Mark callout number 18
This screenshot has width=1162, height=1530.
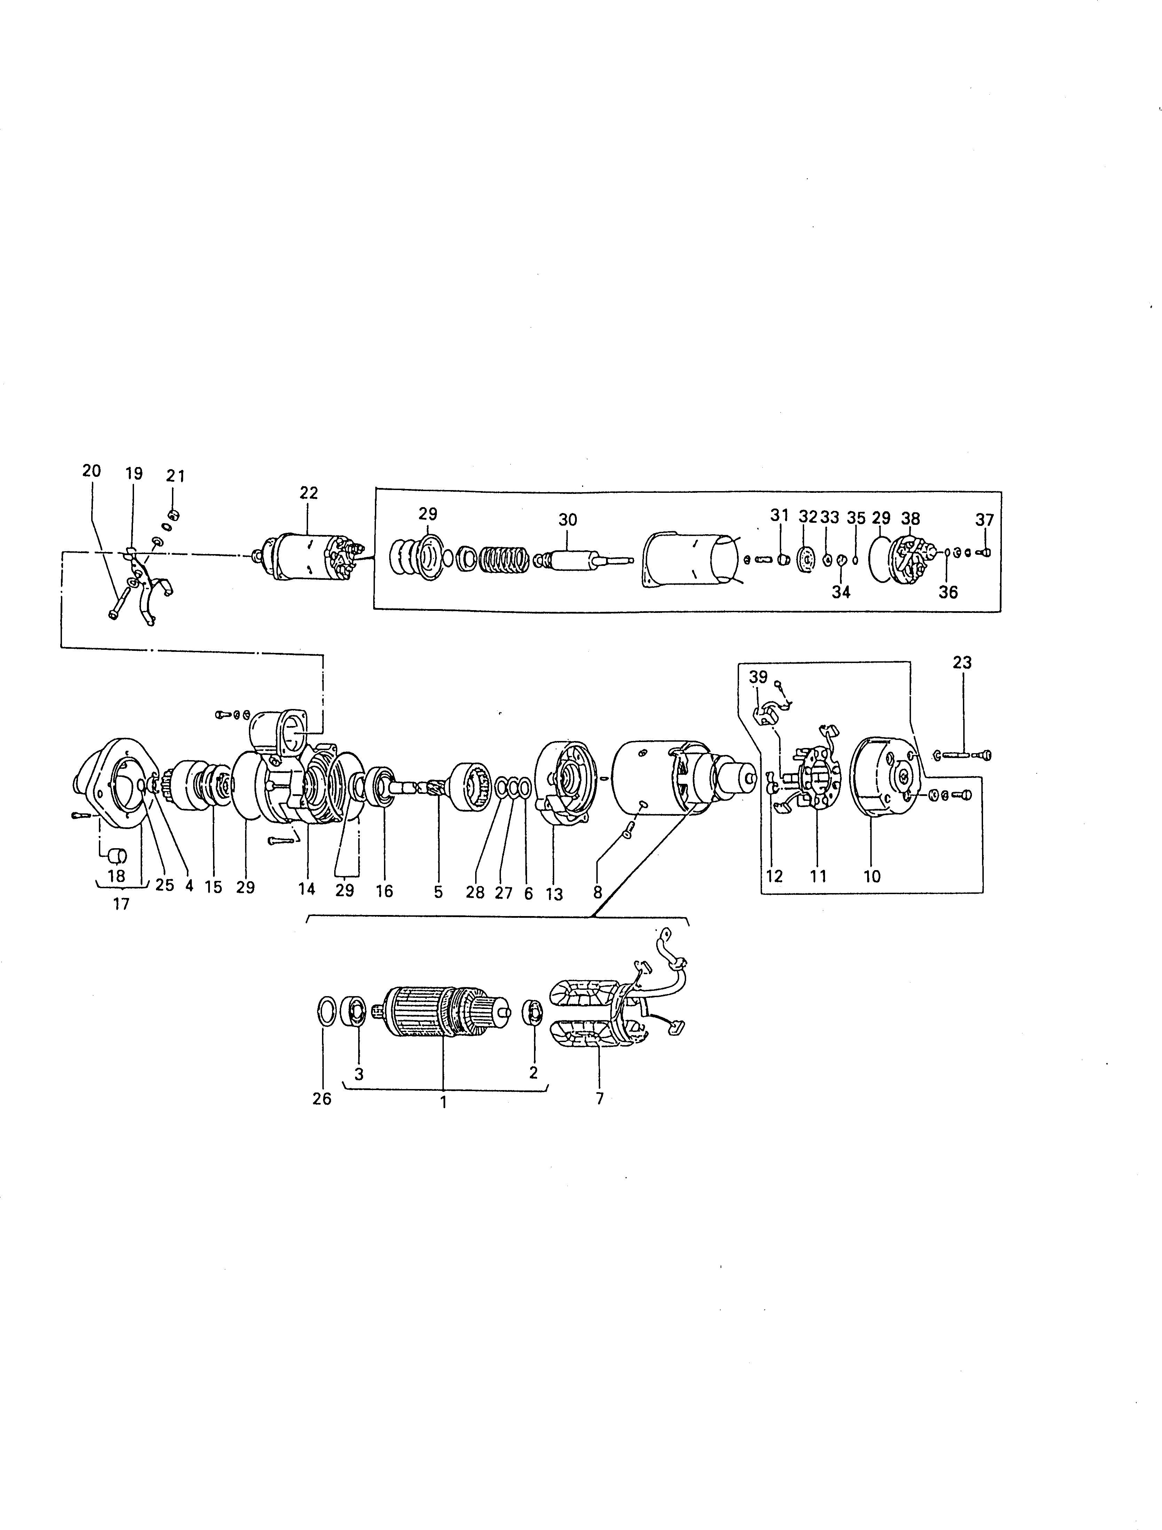tap(116, 876)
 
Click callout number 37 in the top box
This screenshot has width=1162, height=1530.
tap(984, 519)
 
